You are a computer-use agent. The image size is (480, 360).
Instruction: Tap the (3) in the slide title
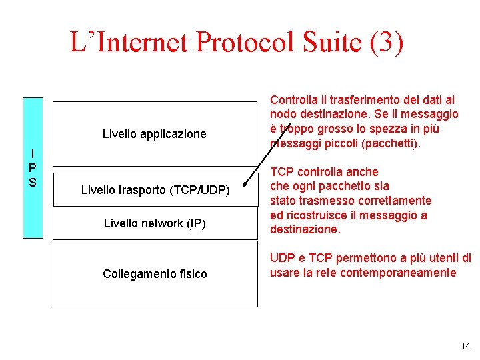386,43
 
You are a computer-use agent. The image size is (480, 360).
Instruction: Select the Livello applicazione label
154,134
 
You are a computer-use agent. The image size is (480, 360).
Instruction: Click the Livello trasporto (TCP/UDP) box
155,190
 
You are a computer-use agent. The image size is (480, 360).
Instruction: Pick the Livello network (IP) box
155,223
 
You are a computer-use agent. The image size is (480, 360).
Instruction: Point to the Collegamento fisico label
155,274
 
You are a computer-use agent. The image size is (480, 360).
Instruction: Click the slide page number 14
465,345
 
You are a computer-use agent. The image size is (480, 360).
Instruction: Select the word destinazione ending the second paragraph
304,230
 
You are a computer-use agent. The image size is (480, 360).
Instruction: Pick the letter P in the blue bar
33,167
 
